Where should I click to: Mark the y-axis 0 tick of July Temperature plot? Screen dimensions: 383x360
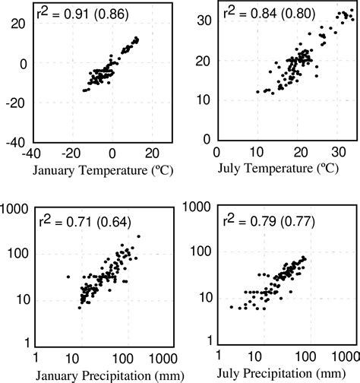(207, 140)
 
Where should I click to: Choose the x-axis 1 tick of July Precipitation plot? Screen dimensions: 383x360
(217, 357)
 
